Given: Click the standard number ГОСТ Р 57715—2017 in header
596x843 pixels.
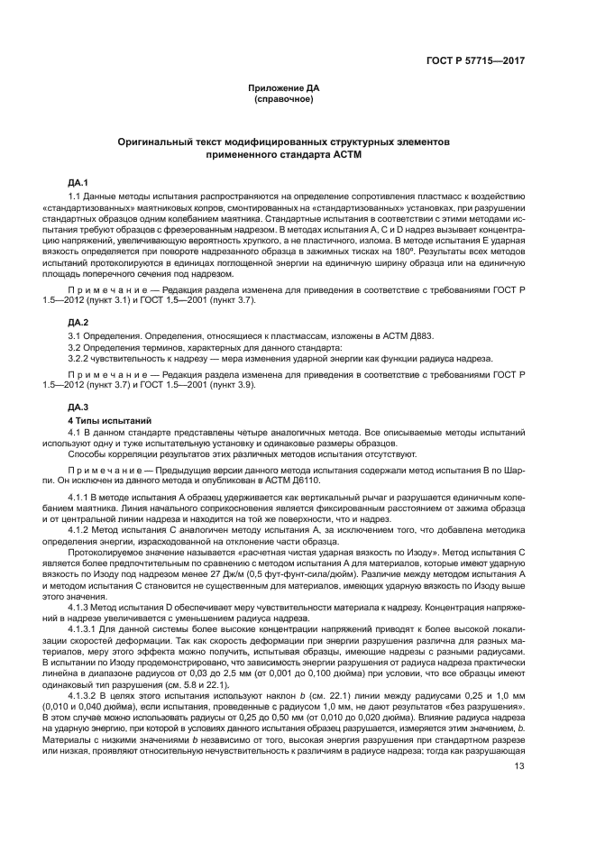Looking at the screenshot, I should tap(476, 60).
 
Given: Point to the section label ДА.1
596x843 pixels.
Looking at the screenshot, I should tap(79, 183).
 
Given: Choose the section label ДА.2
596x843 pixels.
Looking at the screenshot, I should tap(79, 322).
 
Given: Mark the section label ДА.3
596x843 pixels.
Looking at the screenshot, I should tap(79, 407).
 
